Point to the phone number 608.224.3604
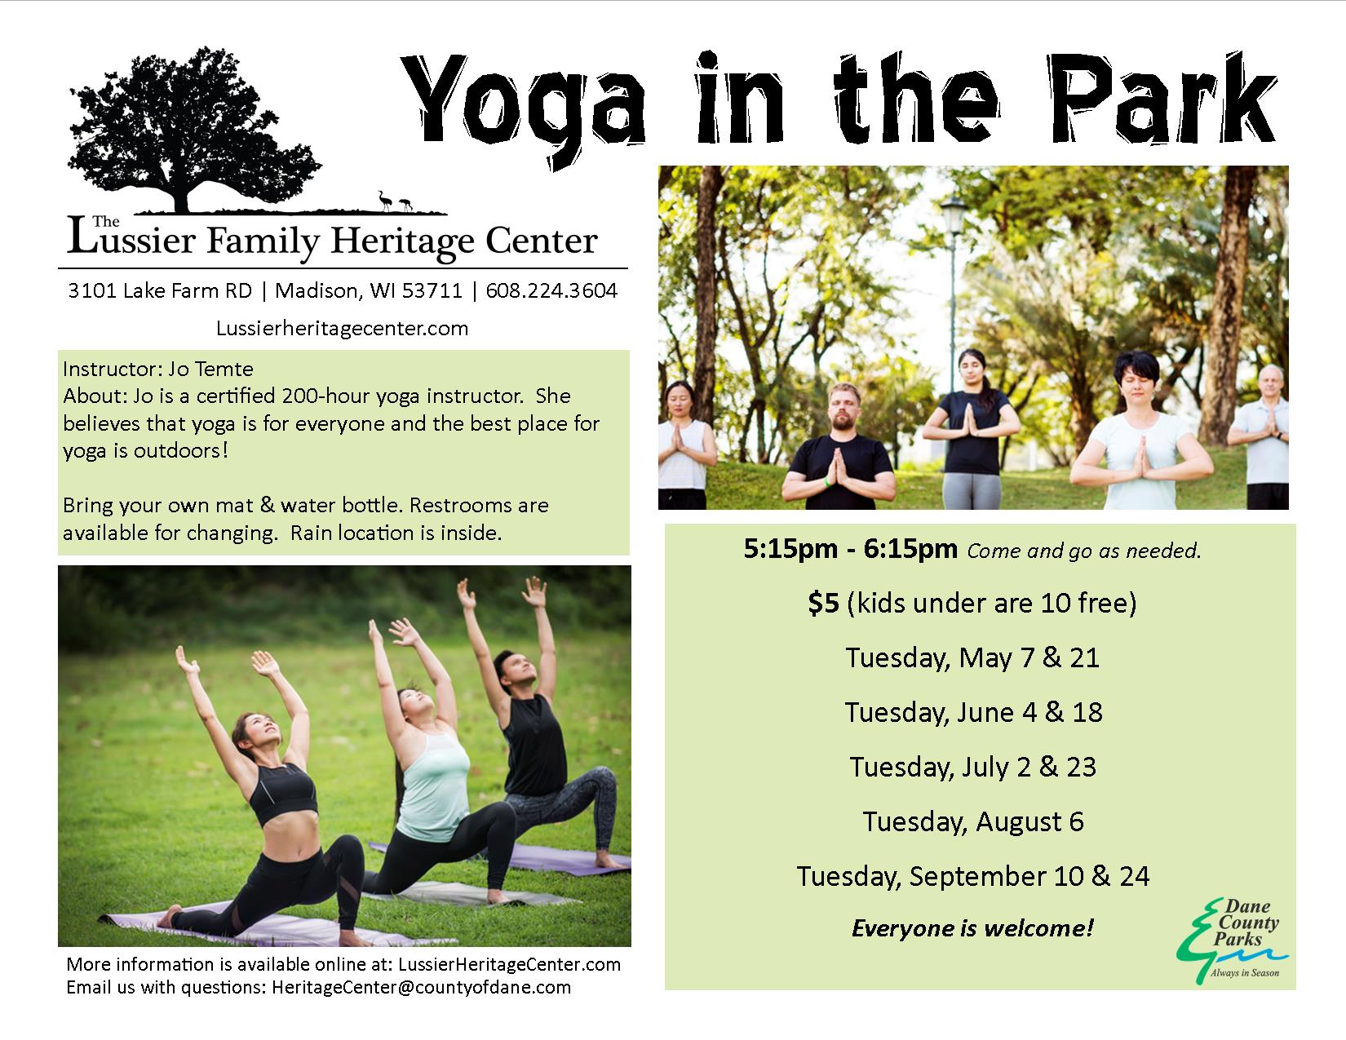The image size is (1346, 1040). (x=551, y=290)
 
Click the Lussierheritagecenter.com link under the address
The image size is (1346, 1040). (x=342, y=328)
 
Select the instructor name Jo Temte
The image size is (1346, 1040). (x=210, y=370)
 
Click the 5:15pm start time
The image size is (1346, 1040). (x=790, y=549)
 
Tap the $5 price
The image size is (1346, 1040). (x=823, y=603)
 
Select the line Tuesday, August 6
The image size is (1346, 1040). (x=973, y=822)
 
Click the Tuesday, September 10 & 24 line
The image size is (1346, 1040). (x=973, y=877)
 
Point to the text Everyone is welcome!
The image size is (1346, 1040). (x=972, y=928)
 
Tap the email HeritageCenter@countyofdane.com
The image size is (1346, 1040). (x=421, y=987)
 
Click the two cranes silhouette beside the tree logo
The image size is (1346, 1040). (x=395, y=201)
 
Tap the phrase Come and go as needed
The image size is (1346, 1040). (x=1084, y=551)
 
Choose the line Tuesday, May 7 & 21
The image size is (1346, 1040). (x=972, y=657)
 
